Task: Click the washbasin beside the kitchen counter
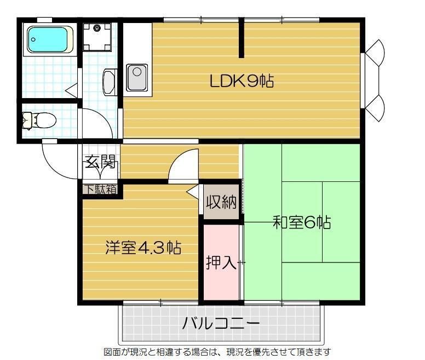tap(109, 82)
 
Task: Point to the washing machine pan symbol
tap(97, 37)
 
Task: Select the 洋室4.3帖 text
tap(143, 248)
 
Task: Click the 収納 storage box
tap(222, 202)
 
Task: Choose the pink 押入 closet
tap(221, 262)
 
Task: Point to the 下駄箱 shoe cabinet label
tap(100, 190)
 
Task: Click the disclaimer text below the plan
tap(217, 352)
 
